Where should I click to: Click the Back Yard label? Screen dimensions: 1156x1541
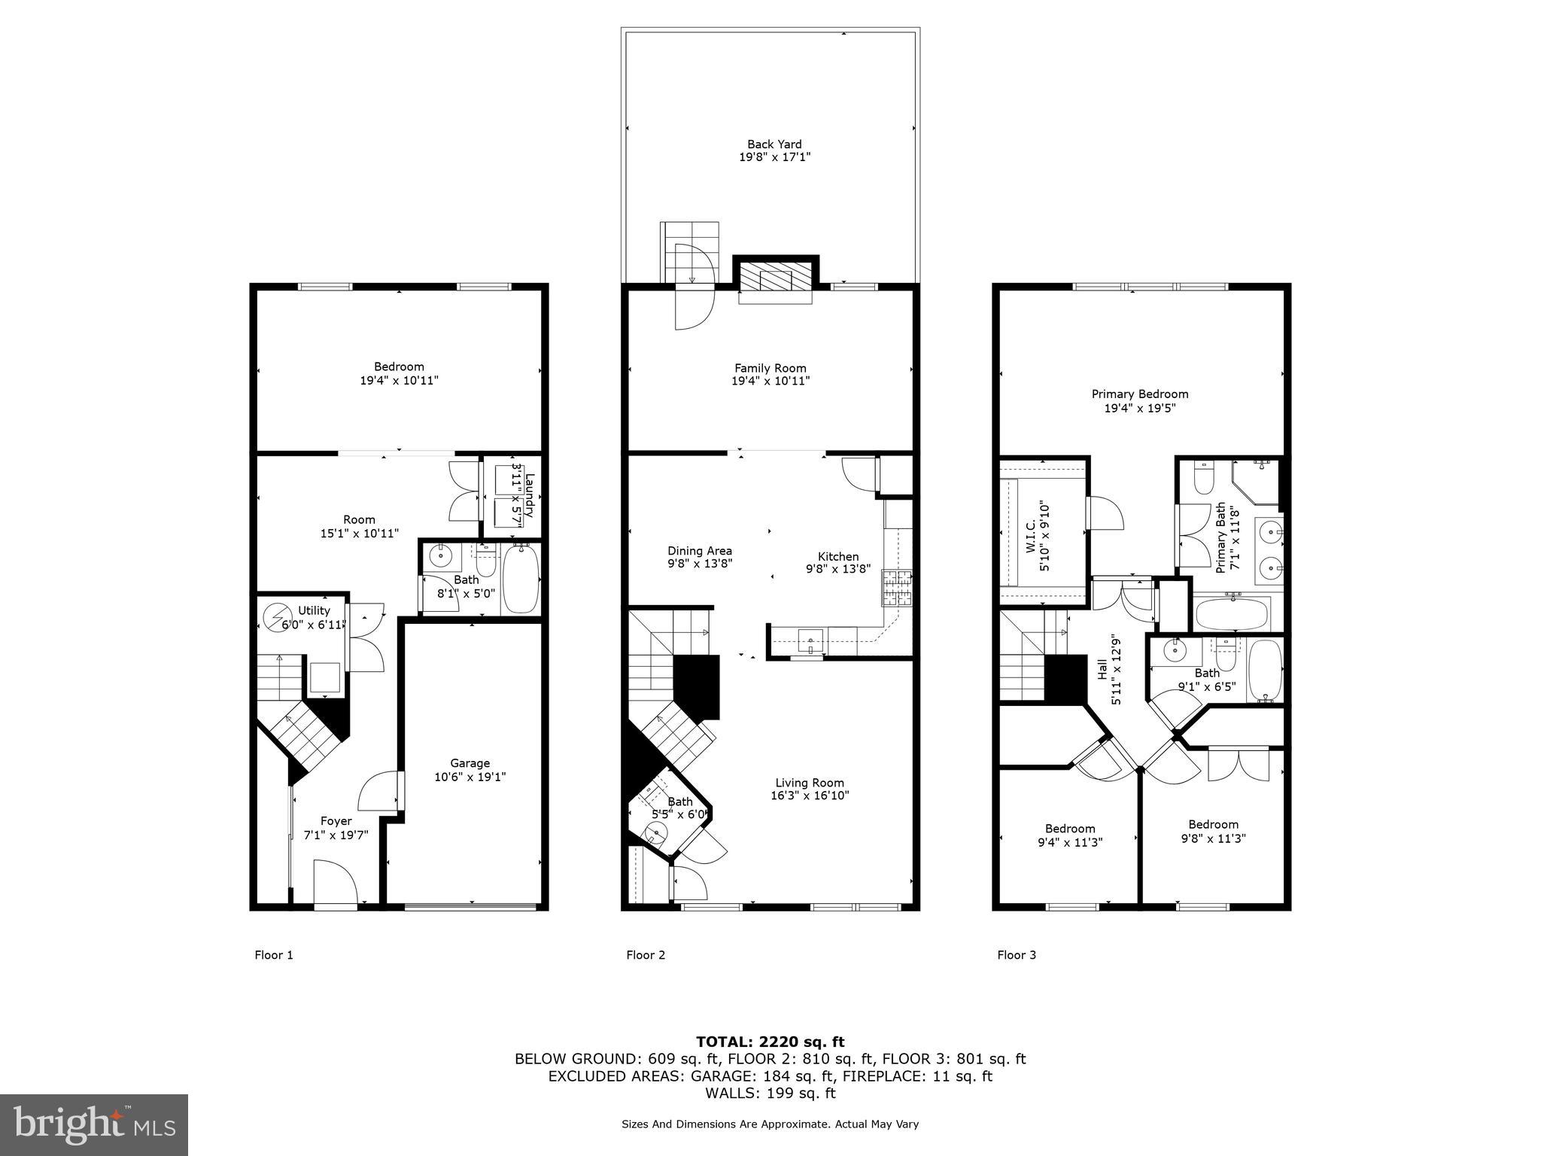(774, 144)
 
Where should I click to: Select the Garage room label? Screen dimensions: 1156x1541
(470, 763)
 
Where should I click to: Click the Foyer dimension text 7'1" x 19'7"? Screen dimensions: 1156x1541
(336, 835)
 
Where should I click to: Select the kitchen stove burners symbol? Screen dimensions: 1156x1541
(897, 589)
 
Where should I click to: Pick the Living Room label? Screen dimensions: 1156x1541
(810, 783)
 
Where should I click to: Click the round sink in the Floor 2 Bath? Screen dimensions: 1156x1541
(657, 832)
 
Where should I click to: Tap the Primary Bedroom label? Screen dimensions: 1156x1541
(1139, 394)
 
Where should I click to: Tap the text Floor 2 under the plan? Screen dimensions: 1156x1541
(646, 955)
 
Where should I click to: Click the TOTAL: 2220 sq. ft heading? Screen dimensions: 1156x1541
(770, 1042)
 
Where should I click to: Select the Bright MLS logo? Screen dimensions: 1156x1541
(93, 1124)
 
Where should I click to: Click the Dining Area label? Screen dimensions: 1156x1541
(699, 551)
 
